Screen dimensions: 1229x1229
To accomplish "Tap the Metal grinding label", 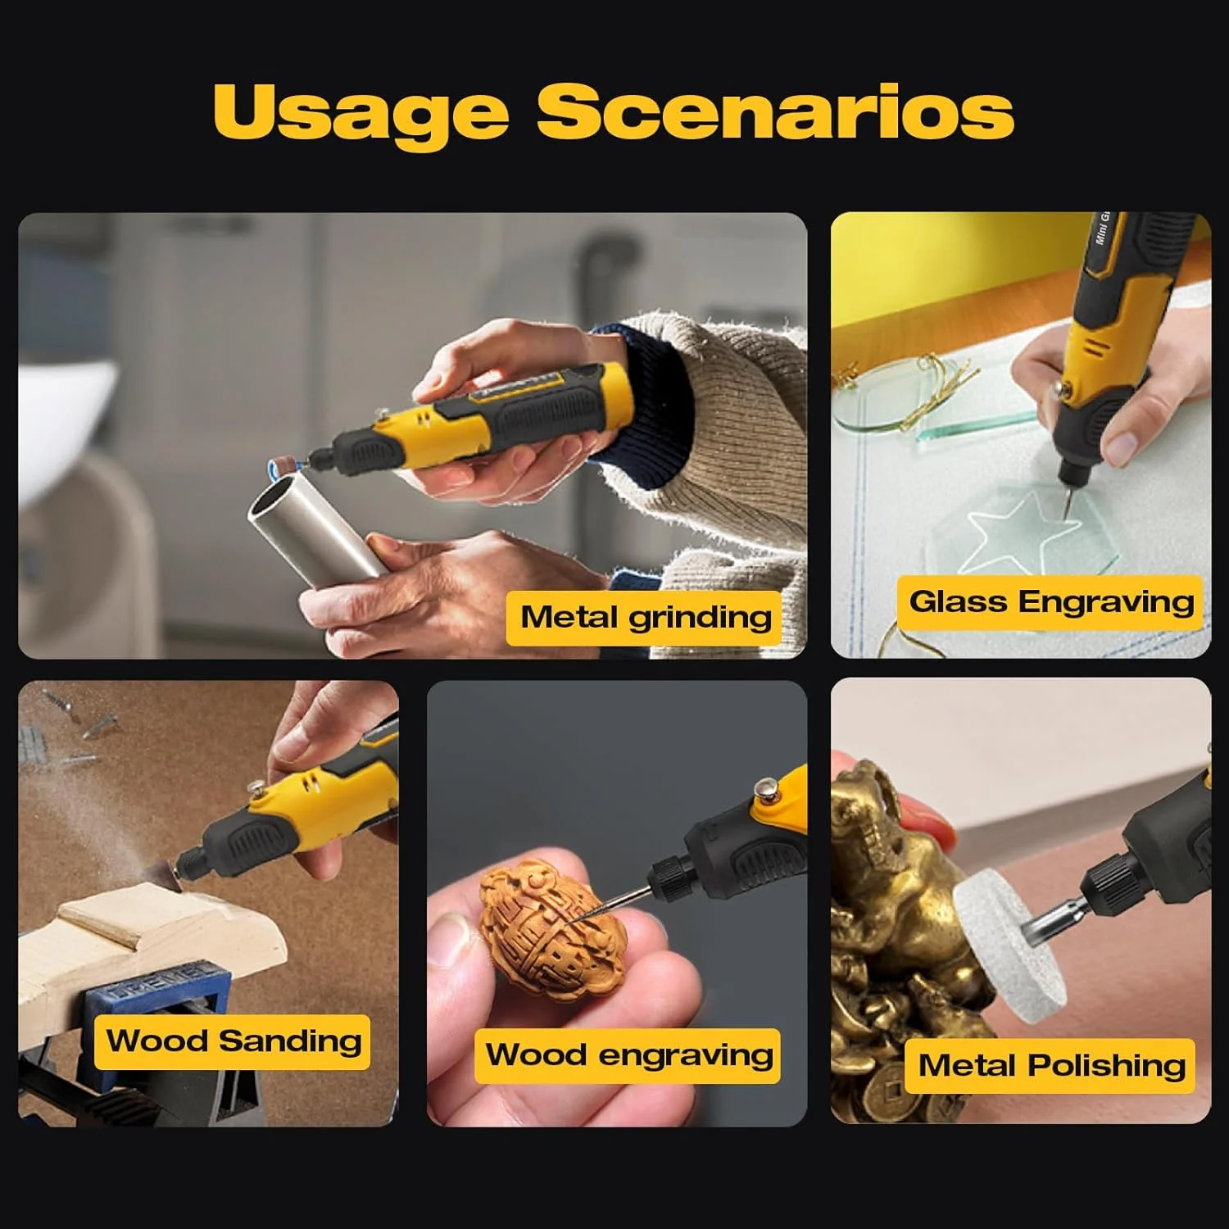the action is [x=646, y=618].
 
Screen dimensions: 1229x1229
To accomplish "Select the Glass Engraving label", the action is [x=1050, y=602].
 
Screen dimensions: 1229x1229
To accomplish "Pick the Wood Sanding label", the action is [x=233, y=1041].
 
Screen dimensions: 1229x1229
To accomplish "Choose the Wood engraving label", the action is [x=628, y=1055].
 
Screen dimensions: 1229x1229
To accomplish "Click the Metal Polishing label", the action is [x=1051, y=1066].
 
